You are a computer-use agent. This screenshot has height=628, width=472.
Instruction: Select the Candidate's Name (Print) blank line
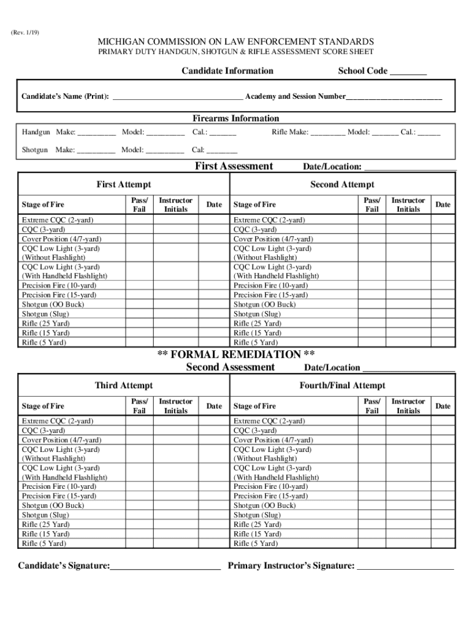coord(178,98)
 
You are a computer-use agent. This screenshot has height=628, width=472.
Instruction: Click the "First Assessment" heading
coord(234,166)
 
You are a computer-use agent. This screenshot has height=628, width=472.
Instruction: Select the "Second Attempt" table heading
coord(342,185)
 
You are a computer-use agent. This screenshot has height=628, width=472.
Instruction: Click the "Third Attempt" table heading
coord(124,385)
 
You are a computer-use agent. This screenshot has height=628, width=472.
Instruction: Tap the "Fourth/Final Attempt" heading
coord(342,385)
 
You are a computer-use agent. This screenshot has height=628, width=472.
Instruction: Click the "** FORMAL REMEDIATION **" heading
coord(237,355)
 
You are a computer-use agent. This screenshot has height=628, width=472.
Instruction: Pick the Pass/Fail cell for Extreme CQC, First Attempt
coord(139,220)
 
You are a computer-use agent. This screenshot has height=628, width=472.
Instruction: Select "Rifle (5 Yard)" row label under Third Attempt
coord(44,543)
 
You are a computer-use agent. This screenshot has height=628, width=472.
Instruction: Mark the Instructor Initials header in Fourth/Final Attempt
coord(408,406)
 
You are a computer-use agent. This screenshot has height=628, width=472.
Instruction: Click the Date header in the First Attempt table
coord(215,204)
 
